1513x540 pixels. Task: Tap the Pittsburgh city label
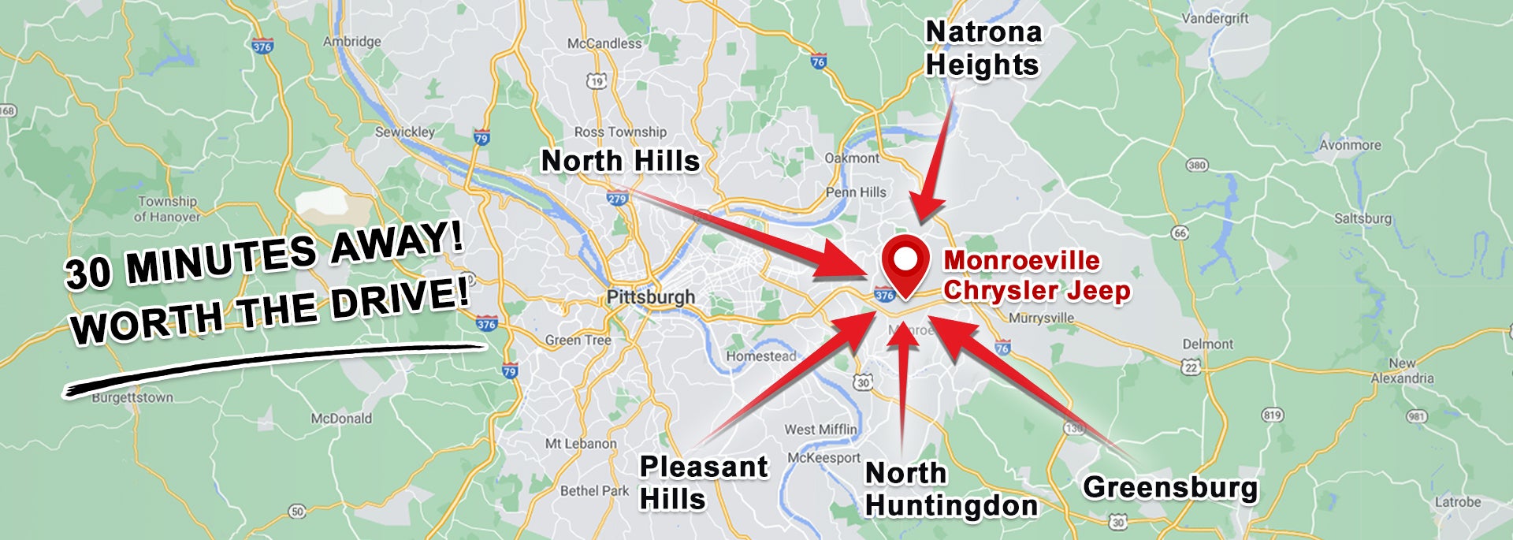click(x=650, y=297)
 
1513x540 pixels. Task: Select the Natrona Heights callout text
click(x=983, y=48)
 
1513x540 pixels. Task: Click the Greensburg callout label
click(x=1170, y=487)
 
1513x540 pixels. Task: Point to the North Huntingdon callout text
click(x=950, y=490)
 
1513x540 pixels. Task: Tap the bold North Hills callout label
click(x=620, y=161)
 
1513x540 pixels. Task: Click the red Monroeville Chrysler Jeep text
click(x=1036, y=275)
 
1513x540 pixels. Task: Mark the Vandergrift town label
click(x=1214, y=18)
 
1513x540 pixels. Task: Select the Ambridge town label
click(x=351, y=41)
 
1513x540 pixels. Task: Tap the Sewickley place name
click(x=404, y=132)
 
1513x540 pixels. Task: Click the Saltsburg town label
click(x=1362, y=218)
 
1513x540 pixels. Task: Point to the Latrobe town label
click(x=1457, y=502)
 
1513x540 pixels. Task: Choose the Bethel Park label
click(x=594, y=490)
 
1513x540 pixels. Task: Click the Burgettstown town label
click(x=132, y=397)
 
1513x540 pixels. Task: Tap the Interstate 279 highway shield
click(x=617, y=199)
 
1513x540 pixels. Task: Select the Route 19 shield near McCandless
click(x=596, y=80)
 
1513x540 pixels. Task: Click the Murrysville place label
click(x=1041, y=318)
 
